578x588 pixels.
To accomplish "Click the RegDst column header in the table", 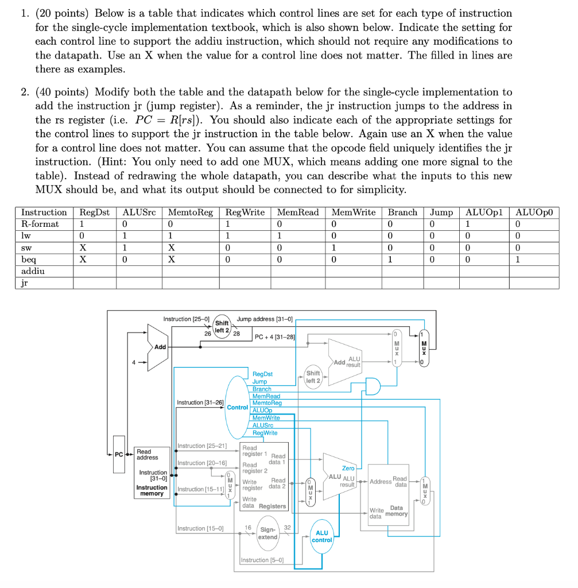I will (x=94, y=212).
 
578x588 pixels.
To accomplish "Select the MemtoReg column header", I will (x=189, y=212).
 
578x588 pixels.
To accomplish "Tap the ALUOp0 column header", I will (x=537, y=212).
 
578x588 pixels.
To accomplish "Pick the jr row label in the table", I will (x=25, y=283).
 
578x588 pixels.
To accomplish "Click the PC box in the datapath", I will (x=119, y=454).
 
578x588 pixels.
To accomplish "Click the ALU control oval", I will (x=322, y=536).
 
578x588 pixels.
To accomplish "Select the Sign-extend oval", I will (x=267, y=533).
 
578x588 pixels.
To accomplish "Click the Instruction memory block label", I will (x=152, y=490).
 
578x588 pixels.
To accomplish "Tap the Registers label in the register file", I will (x=272, y=506).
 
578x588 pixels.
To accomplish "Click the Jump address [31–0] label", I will (x=265, y=319).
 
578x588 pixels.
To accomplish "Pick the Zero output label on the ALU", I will (x=348, y=469).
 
